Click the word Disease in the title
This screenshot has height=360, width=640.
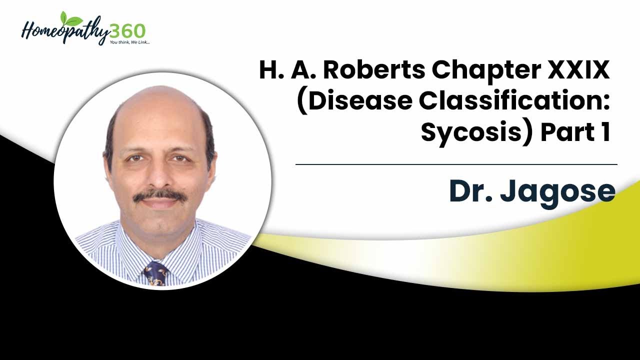[x=355, y=101]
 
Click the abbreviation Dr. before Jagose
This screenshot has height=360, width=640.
[x=469, y=191]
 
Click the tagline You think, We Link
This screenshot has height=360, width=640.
[x=129, y=42]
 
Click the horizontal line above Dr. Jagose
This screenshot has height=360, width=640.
[x=456, y=164]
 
